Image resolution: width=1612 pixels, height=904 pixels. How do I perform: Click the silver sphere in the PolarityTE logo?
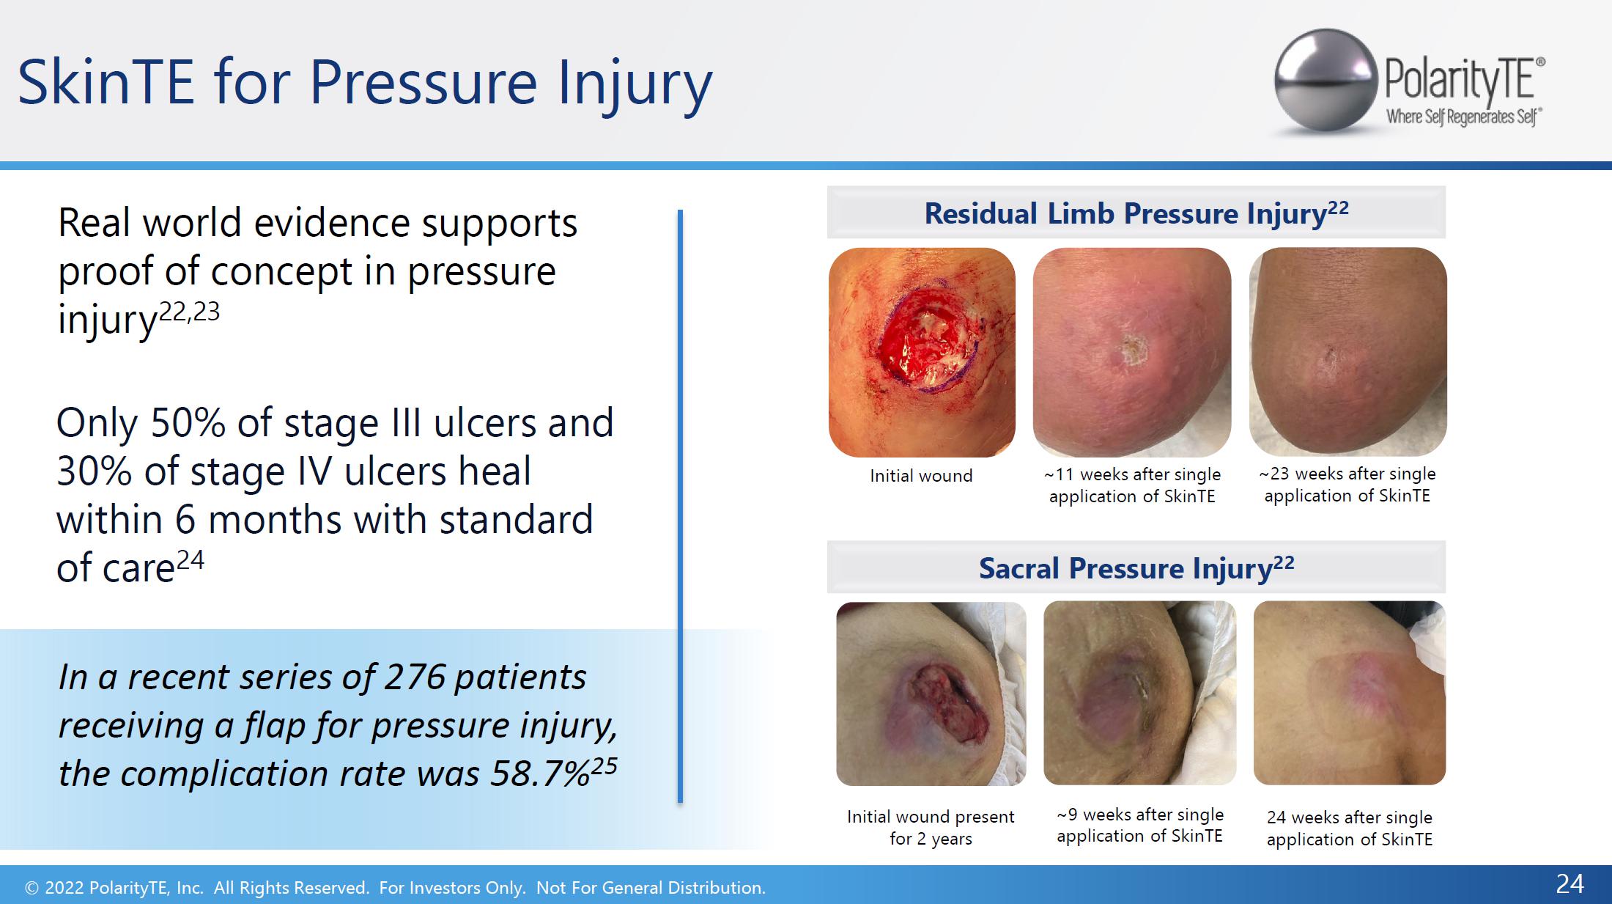tap(1326, 81)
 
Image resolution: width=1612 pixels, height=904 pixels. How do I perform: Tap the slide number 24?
tap(1570, 883)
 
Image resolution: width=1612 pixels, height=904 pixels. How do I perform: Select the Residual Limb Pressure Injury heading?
tap(1136, 213)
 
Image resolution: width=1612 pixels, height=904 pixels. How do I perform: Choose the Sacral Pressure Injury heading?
tap(1136, 567)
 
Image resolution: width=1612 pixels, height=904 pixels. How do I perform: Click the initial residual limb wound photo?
tap(922, 353)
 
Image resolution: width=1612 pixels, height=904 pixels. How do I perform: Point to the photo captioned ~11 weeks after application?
tap(1132, 353)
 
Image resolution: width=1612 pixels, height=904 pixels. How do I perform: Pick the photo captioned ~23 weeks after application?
tap(1348, 352)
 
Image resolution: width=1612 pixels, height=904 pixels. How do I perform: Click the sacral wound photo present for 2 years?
tap(931, 694)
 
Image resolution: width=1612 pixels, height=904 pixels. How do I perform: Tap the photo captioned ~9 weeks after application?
tap(1139, 693)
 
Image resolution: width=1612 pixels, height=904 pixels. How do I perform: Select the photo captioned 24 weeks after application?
tap(1350, 693)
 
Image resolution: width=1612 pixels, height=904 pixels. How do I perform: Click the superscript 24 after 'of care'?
tap(191, 560)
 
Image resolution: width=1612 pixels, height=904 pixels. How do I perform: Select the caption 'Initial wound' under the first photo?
tap(921, 476)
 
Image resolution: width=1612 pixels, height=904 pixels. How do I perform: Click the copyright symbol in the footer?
tap(32, 888)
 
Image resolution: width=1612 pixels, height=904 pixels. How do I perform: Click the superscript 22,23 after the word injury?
tap(189, 312)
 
